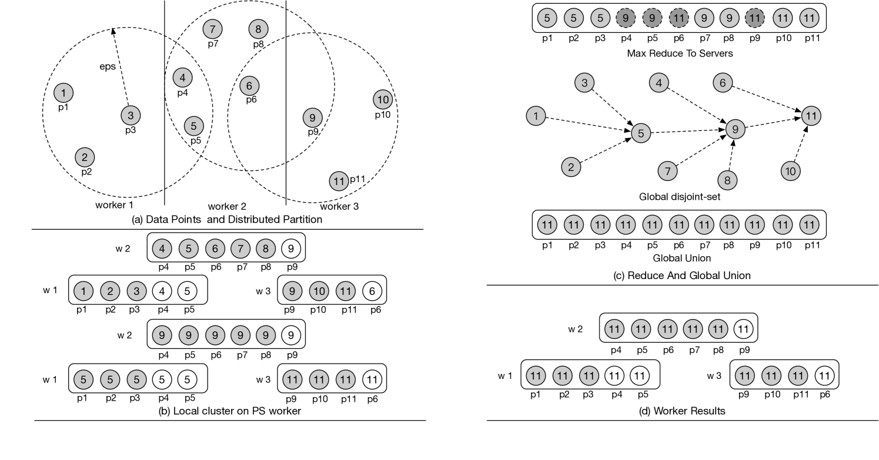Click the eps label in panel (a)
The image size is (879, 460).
[107, 66]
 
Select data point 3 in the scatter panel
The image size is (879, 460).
[131, 116]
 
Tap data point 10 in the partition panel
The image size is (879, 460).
[382, 99]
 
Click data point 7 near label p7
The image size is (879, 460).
[212, 28]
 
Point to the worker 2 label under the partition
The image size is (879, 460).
[227, 207]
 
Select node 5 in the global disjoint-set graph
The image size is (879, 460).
[641, 133]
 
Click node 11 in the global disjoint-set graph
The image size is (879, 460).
[811, 116]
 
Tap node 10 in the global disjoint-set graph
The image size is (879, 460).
[791, 171]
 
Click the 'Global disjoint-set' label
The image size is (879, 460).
[680, 197]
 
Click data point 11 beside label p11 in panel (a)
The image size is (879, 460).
[338, 181]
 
